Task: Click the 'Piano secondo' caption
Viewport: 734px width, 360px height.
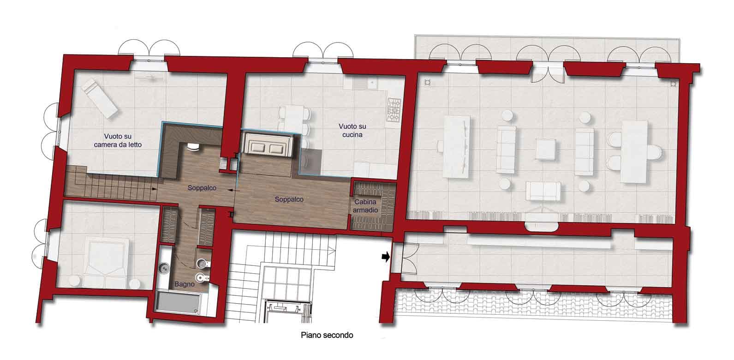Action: (x=327, y=335)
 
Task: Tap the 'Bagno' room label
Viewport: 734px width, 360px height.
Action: (x=184, y=284)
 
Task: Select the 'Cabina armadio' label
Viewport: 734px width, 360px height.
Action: (x=365, y=206)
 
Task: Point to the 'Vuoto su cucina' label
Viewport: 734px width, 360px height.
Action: (x=352, y=131)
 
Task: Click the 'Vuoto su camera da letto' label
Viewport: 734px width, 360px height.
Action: (x=118, y=140)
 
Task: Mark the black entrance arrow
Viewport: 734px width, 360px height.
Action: (x=386, y=257)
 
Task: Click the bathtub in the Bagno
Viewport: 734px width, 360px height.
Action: (x=178, y=303)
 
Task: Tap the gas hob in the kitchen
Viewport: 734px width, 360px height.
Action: (x=394, y=110)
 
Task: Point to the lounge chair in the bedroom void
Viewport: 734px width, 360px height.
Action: (x=100, y=98)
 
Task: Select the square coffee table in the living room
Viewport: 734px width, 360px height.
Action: (x=545, y=149)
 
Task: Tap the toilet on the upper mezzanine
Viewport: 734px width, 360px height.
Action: (x=193, y=147)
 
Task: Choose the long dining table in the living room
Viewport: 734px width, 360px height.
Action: (x=457, y=147)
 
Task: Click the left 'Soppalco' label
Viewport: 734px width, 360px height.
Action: (x=202, y=188)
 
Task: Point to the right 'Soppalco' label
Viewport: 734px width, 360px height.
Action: (x=289, y=199)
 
